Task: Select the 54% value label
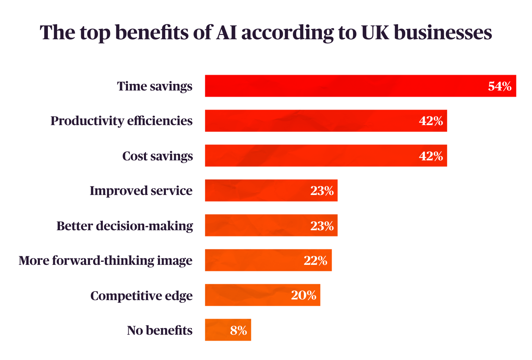(499, 86)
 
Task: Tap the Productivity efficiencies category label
(121, 121)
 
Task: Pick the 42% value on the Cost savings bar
(431, 156)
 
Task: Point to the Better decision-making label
(125, 226)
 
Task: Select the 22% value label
(315, 260)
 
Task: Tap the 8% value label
(238, 330)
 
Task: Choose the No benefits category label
(160, 330)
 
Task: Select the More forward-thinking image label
(105, 261)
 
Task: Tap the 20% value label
(303, 295)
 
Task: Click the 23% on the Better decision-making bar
(322, 226)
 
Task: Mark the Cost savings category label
(157, 156)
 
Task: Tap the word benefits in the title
(152, 33)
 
